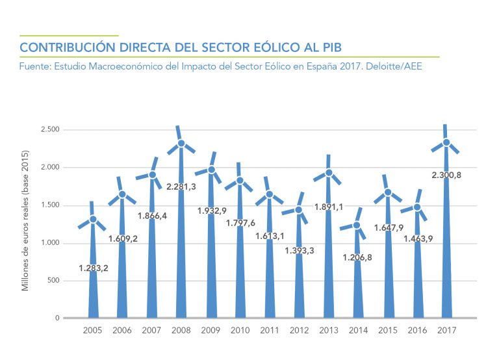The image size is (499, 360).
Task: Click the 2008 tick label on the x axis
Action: click(x=181, y=331)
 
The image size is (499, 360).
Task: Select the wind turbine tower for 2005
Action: click(x=93, y=286)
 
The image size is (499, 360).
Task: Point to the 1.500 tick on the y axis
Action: click(x=49, y=205)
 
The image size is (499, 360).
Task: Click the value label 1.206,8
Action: click(x=358, y=257)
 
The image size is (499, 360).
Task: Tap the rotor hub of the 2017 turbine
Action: click(x=446, y=143)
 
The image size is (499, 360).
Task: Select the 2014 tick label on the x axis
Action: click(x=358, y=331)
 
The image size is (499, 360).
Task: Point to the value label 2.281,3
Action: click(x=181, y=186)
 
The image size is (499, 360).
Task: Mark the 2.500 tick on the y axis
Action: click(x=49, y=130)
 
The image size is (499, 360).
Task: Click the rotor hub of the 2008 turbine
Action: click(x=181, y=144)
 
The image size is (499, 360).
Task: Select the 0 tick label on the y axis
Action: click(x=57, y=318)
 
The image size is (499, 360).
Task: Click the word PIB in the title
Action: click(x=331, y=48)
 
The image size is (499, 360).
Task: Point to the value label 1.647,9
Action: click(x=388, y=228)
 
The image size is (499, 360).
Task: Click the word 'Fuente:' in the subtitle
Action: click(x=36, y=66)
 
